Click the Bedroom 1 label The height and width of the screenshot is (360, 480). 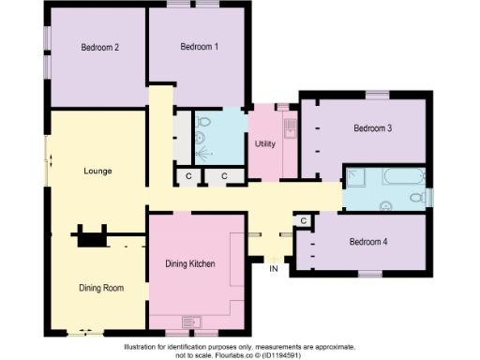pos(199,47)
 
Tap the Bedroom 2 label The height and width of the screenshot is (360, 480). pos(99,47)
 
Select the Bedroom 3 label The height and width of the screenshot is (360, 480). pos(372,128)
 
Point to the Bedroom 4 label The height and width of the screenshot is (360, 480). pos(367,242)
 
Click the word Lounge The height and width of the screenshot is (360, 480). pos(97,172)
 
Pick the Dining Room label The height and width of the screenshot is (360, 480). pos(100,288)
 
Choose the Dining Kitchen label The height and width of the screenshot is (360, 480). pos(191,264)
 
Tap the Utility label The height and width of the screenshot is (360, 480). pos(263,144)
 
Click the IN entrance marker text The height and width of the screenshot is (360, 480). pos(274,269)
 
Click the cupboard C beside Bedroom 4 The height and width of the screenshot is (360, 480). pos(303,220)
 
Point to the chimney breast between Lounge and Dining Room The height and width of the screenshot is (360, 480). pos(92,237)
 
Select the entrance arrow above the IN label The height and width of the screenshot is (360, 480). pos(274,258)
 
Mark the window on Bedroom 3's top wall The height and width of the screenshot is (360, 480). pos(377,92)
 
